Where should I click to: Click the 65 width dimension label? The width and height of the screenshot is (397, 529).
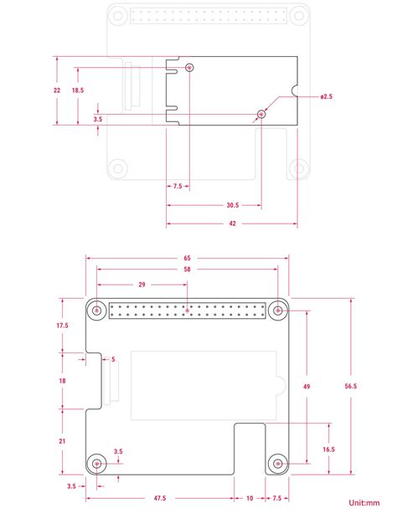(186, 259)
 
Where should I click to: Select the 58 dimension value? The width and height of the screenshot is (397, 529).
(186, 270)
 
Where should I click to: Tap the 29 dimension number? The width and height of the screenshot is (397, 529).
(142, 285)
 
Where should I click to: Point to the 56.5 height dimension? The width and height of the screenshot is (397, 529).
(351, 386)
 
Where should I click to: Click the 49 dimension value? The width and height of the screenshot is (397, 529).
(307, 386)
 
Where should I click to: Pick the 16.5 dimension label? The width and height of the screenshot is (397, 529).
(328, 449)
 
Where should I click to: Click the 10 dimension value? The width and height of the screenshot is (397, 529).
(250, 498)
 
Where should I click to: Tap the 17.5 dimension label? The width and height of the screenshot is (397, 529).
(63, 325)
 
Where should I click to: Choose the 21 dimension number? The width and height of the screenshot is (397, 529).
(63, 441)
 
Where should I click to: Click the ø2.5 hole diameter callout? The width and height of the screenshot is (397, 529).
(327, 97)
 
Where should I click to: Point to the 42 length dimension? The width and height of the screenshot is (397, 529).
(231, 223)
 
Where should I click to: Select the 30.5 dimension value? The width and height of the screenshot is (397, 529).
(231, 205)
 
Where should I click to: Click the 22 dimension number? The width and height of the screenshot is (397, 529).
(56, 90)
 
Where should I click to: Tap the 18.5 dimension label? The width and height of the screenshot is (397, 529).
(77, 90)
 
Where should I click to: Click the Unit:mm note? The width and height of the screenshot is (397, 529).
(364, 503)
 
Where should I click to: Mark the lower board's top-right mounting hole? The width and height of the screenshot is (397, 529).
(277, 311)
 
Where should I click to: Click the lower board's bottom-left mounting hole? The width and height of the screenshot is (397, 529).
(99, 463)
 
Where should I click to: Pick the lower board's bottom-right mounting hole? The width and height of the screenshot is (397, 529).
(277, 463)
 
